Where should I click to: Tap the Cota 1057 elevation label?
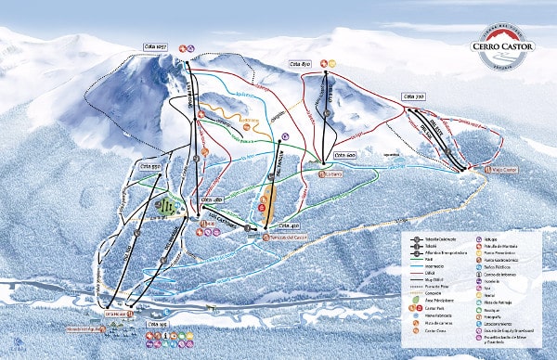[x=155, y=45]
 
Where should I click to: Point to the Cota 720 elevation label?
[x=413, y=95]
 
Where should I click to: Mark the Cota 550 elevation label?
[x=151, y=166]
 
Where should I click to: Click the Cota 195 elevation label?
[x=158, y=324]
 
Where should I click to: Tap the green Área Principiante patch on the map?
[x=164, y=206]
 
